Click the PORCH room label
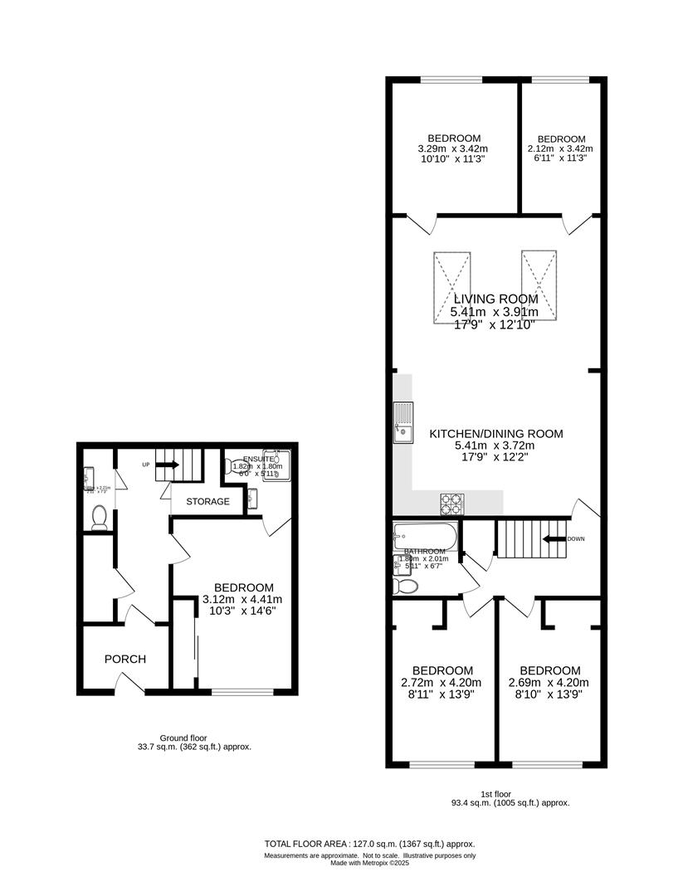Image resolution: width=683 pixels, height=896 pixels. coord(124,660)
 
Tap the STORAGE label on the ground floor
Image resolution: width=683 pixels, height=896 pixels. coord(207,502)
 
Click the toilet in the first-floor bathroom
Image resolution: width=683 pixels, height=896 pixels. coord(406,586)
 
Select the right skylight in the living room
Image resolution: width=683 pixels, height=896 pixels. coord(538,285)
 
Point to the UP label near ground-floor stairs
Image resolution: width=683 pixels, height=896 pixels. coord(146,465)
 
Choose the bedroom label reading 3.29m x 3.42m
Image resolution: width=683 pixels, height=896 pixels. coord(453,149)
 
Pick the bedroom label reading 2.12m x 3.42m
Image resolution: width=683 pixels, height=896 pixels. coord(561,149)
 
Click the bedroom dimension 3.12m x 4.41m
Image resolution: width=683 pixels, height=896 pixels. coord(243,600)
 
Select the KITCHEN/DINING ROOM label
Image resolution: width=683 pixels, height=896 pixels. coord(495,434)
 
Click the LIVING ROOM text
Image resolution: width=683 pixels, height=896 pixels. coord(495,299)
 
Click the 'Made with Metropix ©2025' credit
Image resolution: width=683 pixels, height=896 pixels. coord(369,863)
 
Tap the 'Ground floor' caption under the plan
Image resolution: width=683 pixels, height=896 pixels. coord(183,738)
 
